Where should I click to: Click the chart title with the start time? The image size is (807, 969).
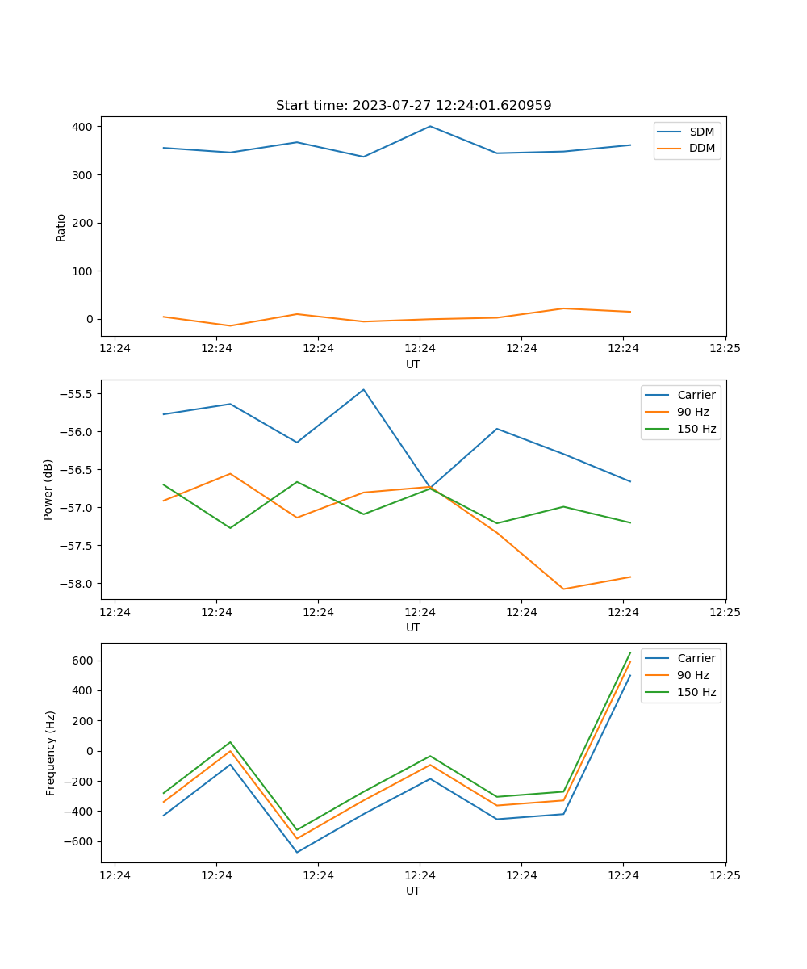coord(413,106)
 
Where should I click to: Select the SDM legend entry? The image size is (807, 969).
coord(700,132)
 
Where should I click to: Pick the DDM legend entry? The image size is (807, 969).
coord(701,149)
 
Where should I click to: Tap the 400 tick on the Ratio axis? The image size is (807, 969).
coord(84,127)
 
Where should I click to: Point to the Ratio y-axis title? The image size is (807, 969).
coord(61,227)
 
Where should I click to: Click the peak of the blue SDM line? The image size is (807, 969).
coord(430,126)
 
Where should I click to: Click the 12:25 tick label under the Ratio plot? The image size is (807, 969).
coord(725,348)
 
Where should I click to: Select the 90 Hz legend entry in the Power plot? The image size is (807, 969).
coord(693,412)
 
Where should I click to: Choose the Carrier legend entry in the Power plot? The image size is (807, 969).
coord(696,395)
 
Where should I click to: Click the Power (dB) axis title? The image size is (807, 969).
coord(48,489)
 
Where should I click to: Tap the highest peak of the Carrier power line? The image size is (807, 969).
coord(363,389)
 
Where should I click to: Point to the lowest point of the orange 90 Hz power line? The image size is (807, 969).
coord(563,589)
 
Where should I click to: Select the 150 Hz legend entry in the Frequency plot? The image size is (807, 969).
coord(696,692)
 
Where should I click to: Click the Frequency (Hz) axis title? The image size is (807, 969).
coord(51,753)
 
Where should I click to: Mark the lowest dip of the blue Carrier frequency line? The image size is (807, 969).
coord(297,852)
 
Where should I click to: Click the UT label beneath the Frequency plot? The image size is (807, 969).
coord(413,891)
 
